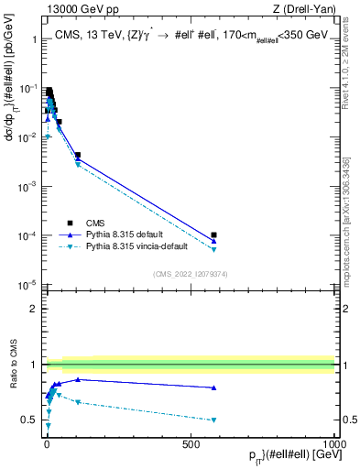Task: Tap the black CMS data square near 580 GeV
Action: tap(213, 235)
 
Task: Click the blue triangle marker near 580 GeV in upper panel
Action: tap(213, 241)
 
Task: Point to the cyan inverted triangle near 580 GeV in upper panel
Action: tap(213, 249)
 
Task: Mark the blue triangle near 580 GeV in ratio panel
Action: tap(213, 387)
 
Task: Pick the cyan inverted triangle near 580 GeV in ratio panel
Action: tap(213, 420)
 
